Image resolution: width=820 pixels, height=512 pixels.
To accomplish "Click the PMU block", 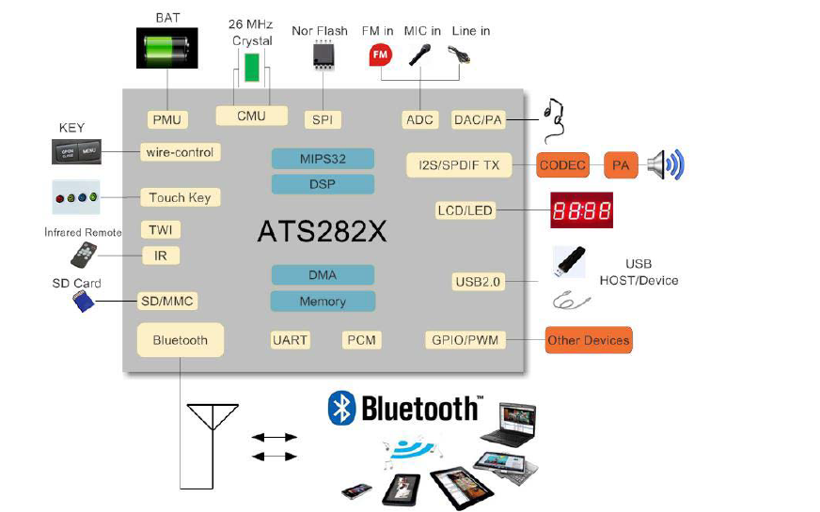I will coord(167,119).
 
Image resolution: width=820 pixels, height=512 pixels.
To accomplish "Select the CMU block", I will coord(251,116).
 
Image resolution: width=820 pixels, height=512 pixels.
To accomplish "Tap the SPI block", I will coord(323,119).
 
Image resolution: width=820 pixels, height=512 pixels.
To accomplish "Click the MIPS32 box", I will coord(323,159).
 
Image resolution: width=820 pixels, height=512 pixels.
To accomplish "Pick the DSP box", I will coord(323,184).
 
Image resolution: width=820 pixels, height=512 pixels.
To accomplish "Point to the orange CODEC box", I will coord(563,165).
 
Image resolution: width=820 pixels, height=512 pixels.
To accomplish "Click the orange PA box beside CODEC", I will coord(621,165).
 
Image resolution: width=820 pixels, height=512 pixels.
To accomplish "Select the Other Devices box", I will coord(589,340).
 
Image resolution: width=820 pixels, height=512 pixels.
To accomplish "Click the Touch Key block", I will coord(180,197).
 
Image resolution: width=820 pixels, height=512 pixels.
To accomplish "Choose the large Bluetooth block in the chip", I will coord(180,339).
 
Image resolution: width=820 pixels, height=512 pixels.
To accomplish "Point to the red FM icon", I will coord(380,54).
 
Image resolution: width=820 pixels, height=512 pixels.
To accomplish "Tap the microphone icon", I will coord(419,54).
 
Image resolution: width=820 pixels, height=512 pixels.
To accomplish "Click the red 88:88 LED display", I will coord(581,210).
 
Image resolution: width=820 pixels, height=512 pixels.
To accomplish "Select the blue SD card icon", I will coord(84,301).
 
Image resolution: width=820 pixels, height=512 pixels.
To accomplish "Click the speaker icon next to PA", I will coord(667,165).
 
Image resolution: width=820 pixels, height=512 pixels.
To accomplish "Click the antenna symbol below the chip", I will coord(212,419).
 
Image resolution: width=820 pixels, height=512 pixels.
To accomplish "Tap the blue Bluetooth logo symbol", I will coord(339,408).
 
